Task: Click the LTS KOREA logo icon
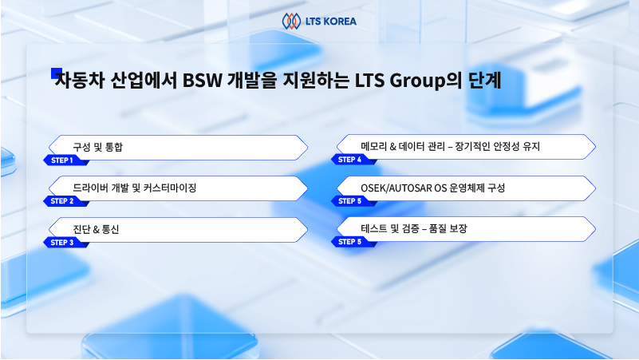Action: click(291, 22)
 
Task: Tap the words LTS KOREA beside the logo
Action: click(331, 22)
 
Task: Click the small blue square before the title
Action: click(56, 73)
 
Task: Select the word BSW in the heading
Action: click(202, 80)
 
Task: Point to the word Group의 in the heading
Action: click(425, 81)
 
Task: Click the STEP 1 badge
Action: click(65, 160)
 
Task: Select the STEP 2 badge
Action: click(65, 201)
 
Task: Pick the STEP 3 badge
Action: click(65, 243)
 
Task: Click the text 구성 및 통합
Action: click(98, 147)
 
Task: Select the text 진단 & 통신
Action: click(97, 229)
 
